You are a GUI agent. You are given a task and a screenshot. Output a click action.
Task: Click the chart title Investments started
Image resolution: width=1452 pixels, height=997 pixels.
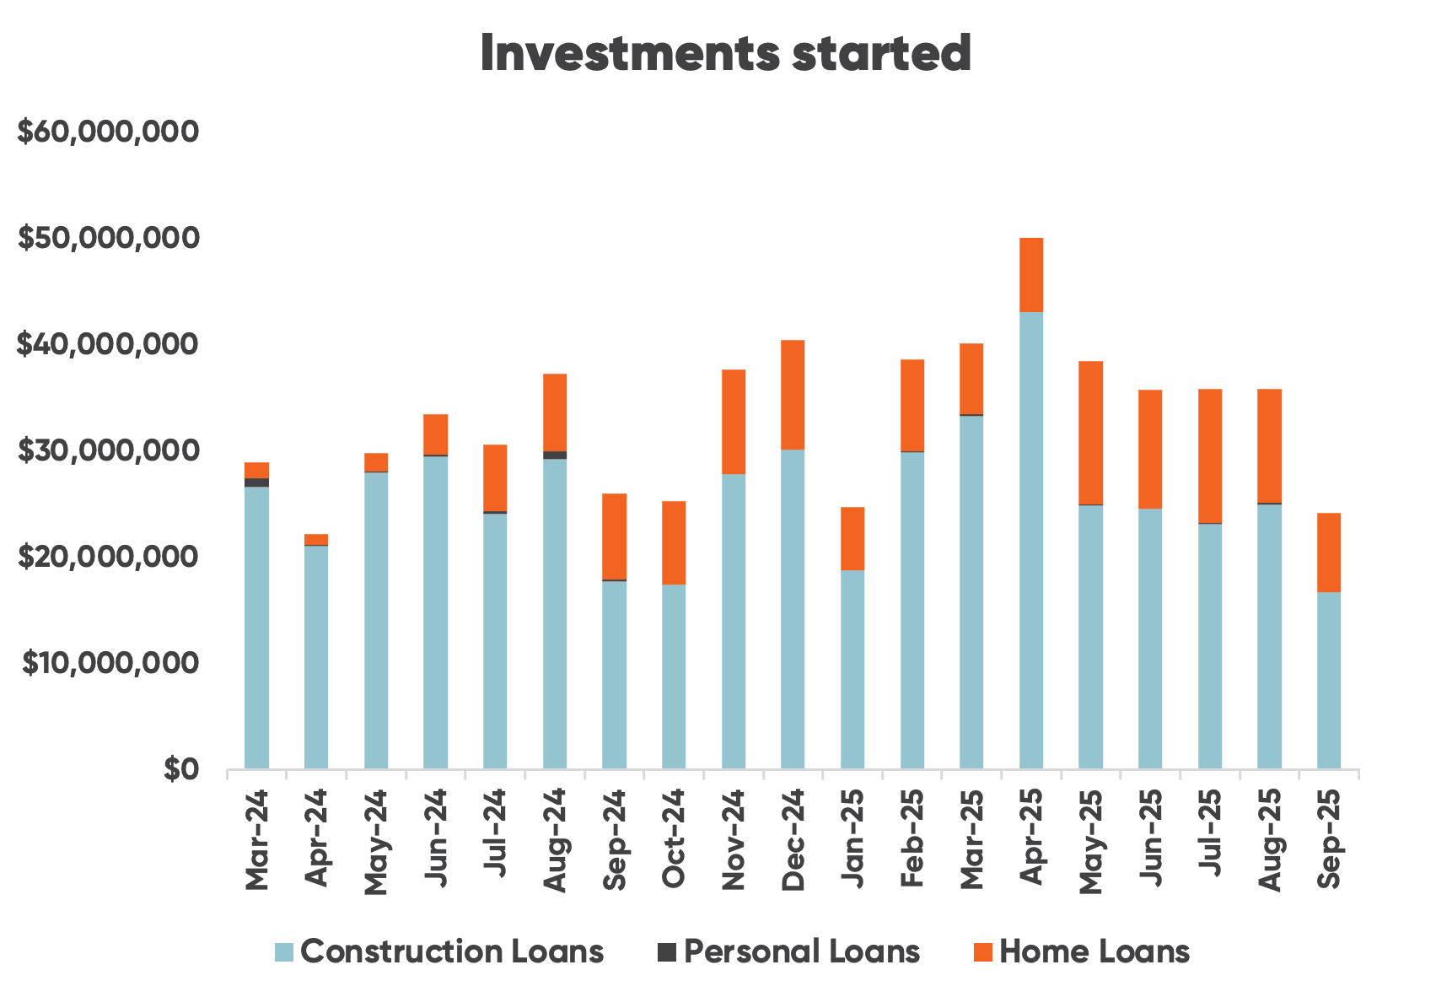tap(725, 54)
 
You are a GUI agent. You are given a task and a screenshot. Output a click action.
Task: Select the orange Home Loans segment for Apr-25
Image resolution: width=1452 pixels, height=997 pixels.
tap(1031, 275)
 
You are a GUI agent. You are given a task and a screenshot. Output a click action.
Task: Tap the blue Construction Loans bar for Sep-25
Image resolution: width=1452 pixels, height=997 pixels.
tap(1329, 680)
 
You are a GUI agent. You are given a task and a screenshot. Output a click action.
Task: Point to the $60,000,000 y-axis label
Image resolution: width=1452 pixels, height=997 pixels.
tap(109, 132)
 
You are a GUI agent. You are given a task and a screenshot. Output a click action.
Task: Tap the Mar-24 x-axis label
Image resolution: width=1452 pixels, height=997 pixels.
tap(256, 840)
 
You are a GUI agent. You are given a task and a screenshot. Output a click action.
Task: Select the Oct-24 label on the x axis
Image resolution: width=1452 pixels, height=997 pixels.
tap(674, 840)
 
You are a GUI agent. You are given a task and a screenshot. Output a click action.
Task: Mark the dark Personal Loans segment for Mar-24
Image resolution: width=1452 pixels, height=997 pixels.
tap(256, 482)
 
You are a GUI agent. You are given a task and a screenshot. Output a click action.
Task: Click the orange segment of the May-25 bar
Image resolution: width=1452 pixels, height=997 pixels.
tap(1090, 433)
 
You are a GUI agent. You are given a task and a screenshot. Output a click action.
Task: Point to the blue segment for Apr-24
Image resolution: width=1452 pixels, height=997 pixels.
tap(316, 657)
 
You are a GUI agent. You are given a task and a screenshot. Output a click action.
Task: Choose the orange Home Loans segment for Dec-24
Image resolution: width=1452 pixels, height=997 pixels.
tap(793, 395)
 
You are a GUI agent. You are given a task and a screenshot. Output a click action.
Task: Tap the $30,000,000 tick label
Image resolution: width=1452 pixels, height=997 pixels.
tap(109, 450)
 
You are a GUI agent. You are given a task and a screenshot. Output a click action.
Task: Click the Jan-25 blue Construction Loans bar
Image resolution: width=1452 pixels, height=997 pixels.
tap(852, 669)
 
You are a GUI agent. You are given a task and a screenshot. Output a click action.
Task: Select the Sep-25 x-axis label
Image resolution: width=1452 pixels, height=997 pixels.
tap(1329, 840)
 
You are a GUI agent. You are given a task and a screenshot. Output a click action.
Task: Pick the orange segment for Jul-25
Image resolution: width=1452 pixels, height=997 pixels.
tap(1210, 455)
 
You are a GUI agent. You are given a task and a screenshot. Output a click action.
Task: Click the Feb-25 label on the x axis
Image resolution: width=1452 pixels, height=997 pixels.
tap(912, 840)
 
